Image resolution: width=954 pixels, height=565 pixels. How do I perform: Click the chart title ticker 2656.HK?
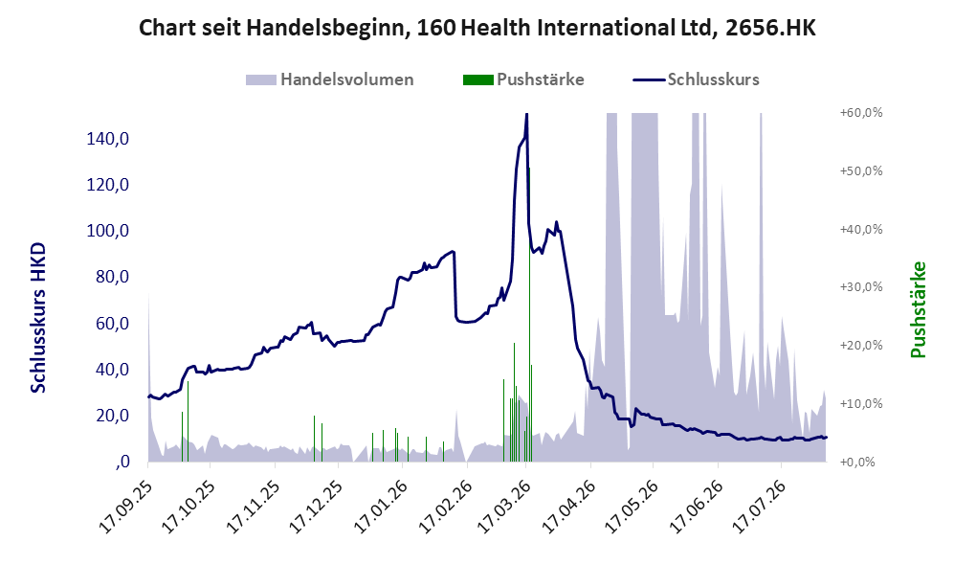click(770, 28)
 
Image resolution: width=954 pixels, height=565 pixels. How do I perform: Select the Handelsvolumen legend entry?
click(330, 79)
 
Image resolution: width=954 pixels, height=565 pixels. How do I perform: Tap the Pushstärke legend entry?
click(523, 79)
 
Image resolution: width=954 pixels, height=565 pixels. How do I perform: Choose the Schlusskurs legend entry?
click(696, 79)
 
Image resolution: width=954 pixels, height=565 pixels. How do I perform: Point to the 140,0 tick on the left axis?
click(108, 139)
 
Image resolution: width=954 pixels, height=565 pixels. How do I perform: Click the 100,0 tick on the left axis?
click(108, 231)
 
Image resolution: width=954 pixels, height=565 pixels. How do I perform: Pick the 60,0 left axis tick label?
click(112, 324)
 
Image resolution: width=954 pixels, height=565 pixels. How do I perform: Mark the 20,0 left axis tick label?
click(112, 416)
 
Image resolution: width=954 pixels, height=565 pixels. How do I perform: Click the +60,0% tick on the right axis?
click(861, 113)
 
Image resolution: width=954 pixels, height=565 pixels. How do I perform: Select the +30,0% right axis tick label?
click(861, 286)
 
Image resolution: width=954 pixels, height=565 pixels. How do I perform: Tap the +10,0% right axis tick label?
click(861, 404)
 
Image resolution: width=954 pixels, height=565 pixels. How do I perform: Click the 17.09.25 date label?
click(124, 508)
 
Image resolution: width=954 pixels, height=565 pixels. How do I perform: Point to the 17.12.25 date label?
click(315, 508)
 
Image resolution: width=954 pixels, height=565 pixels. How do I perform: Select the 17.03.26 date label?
click(504, 508)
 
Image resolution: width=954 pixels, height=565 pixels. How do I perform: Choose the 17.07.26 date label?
click(758, 508)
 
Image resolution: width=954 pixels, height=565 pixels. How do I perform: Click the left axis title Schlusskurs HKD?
click(38, 317)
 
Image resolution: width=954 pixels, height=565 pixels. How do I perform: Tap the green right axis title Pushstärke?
click(918, 309)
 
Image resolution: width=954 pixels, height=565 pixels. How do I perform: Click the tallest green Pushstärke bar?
click(529, 314)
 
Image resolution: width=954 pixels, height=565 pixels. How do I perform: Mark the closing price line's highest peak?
click(526, 114)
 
